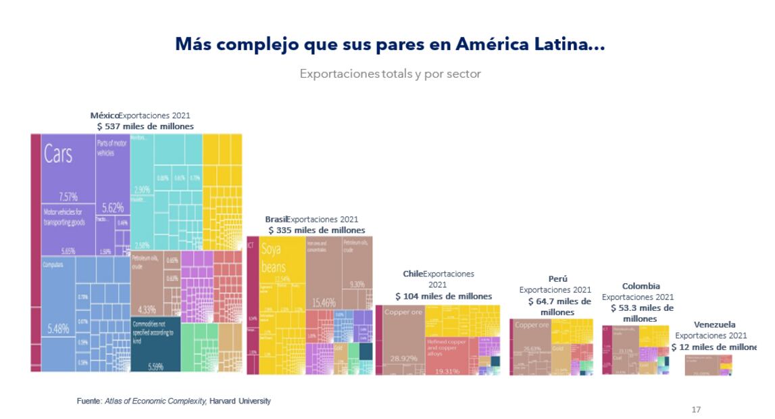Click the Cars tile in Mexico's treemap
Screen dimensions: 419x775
(x=68, y=169)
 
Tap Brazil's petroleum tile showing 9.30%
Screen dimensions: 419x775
(x=356, y=270)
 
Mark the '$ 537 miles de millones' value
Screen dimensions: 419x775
(x=145, y=126)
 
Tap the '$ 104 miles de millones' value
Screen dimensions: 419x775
(x=443, y=296)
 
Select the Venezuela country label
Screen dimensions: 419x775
(x=714, y=324)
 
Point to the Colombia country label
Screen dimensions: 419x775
(x=641, y=286)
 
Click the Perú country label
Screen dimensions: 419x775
(x=558, y=278)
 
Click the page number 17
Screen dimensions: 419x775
(x=696, y=410)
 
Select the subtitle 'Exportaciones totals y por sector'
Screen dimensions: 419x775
(x=390, y=74)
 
